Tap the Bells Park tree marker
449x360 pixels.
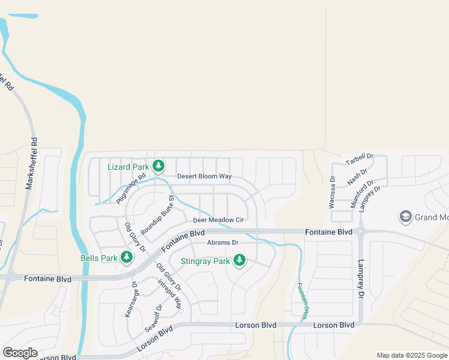126,257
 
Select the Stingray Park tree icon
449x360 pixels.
240,260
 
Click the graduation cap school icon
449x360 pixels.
405,217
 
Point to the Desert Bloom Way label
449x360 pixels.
204,176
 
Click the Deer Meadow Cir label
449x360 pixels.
218,220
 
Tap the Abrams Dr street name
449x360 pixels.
223,242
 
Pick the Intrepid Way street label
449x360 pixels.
169,293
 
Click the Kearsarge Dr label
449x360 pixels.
131,300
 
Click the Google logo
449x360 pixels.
20,353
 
